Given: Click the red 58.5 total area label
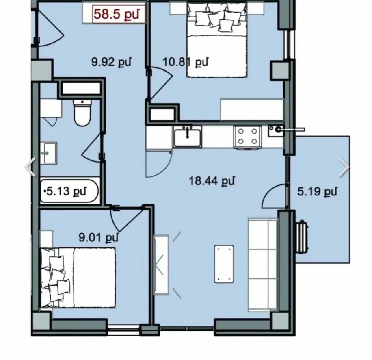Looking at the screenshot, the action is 116,14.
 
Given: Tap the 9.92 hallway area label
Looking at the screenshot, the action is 111,62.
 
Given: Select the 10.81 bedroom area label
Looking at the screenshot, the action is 185,62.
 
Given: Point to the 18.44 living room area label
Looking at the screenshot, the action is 212,181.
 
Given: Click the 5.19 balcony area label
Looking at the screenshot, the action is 317,191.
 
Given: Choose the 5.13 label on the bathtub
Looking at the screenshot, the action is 66,191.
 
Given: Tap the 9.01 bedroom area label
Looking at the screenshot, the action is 98,237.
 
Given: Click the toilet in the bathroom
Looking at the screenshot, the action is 82,113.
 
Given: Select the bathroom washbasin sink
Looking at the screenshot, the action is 48,153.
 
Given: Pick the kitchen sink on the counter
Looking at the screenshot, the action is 188,137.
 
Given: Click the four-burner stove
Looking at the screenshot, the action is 247,137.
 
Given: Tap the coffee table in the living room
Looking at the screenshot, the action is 224,264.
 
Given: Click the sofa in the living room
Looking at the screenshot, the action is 263,265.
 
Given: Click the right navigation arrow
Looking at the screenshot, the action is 344,167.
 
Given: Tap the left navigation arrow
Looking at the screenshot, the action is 30,167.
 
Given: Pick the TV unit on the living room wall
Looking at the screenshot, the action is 161,265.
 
